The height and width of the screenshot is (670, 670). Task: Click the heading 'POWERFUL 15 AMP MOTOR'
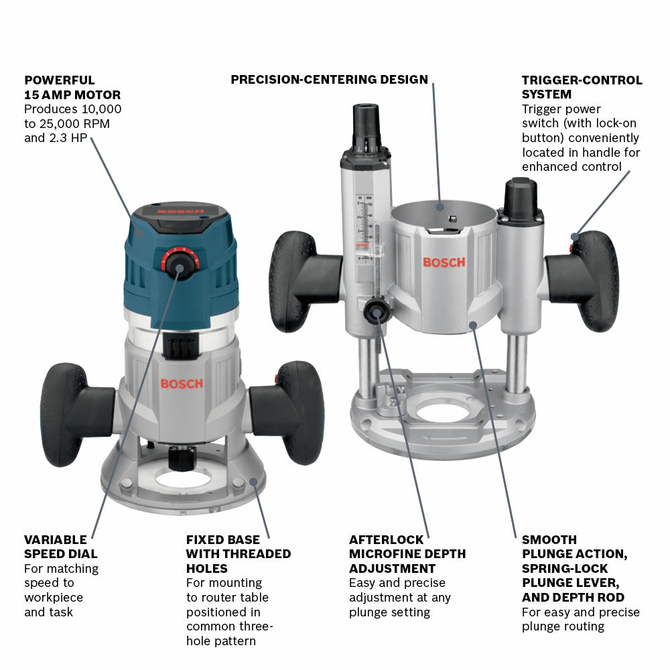coord(72,87)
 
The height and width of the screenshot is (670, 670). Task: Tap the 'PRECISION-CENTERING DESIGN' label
coord(329,80)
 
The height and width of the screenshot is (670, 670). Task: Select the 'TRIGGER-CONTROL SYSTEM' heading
coord(582,87)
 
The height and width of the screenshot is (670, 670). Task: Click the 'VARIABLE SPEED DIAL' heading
coord(60,547)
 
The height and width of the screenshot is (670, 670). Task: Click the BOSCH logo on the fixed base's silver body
coord(181,384)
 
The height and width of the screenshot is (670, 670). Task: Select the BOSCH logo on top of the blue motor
coord(181,212)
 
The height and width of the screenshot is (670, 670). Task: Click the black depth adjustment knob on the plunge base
coord(375,312)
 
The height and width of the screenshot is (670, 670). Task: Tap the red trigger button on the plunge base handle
coord(574,237)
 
